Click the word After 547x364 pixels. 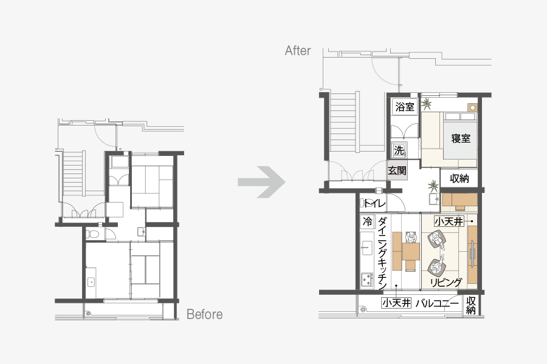coord(298,51)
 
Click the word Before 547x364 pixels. coord(205,314)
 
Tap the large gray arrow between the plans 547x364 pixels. coord(261,182)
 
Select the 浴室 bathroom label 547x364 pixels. coord(405,107)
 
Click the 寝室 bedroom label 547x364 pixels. coord(461,139)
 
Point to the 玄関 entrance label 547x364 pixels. coord(397,170)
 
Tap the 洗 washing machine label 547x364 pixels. coord(399,150)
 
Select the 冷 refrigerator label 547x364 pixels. coord(367,221)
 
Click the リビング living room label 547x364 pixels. coord(446,282)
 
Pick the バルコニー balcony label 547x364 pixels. coord(437,303)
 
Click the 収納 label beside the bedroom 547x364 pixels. coord(459,178)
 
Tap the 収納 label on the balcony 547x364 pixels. coord(471,305)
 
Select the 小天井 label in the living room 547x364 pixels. coord(449,221)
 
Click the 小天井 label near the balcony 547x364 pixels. coord(396,303)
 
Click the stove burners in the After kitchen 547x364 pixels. coord(366,279)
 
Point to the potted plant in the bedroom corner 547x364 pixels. coord(426,104)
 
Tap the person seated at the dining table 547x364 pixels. coord(411,237)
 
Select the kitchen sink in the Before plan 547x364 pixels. coord(91,282)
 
